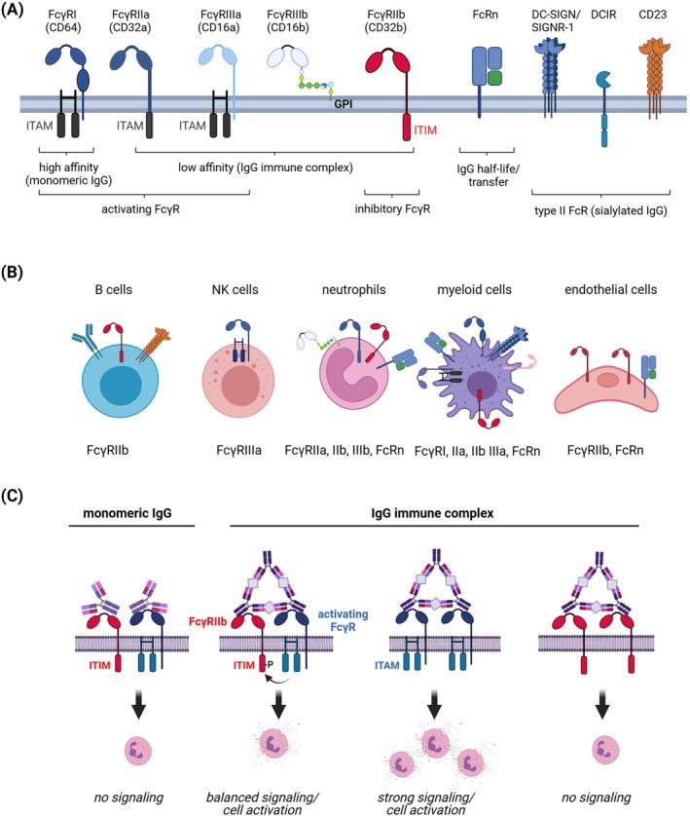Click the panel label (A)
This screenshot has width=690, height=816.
click(17, 9)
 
